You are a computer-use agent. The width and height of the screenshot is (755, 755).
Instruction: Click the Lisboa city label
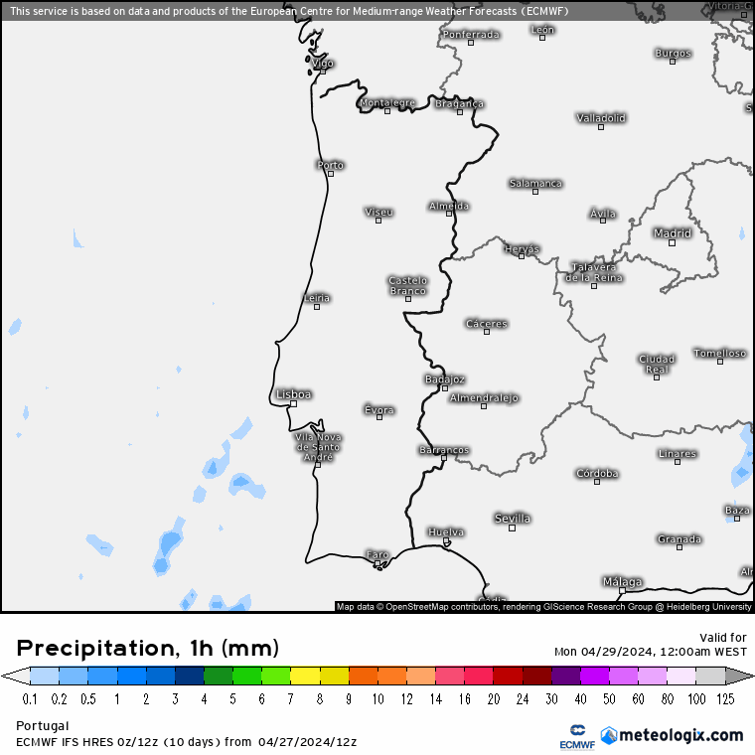click(294, 394)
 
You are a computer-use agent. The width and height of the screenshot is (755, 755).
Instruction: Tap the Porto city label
click(330, 165)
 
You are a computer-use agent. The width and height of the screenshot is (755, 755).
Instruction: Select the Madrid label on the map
click(672, 233)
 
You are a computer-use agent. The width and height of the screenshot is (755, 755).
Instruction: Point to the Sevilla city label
click(513, 519)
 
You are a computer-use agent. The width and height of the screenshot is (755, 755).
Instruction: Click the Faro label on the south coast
click(377, 554)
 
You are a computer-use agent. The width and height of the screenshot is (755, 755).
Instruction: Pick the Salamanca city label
click(535, 183)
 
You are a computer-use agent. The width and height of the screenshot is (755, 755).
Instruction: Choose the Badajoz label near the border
click(444, 379)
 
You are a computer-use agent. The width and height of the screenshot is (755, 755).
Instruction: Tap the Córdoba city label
click(597, 474)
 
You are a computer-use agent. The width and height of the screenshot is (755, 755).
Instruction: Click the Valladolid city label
click(601, 118)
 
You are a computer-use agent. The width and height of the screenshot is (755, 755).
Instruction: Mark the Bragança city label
click(459, 103)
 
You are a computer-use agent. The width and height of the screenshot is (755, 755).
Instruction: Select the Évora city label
click(379, 409)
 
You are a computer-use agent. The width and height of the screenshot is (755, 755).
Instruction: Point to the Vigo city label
click(323, 63)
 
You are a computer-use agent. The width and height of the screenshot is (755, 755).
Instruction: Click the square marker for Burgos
click(673, 62)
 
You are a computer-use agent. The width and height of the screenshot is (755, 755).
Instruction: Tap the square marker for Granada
click(679, 547)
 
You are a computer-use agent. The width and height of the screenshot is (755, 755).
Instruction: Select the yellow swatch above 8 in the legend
click(306, 676)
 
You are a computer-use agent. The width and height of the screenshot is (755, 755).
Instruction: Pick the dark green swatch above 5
click(219, 676)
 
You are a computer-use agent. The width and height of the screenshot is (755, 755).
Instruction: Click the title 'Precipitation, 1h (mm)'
click(147, 649)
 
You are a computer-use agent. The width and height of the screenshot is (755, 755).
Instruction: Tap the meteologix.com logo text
click(679, 735)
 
